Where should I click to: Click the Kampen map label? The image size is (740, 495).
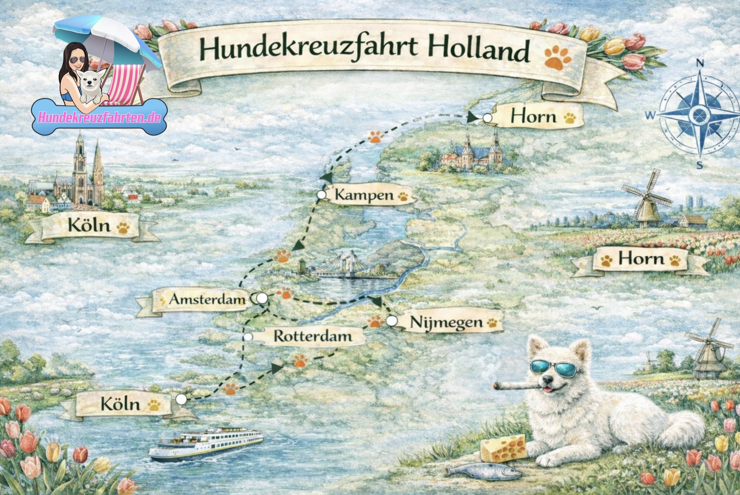364,195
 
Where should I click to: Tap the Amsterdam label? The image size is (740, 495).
207,299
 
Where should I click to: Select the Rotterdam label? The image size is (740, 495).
313,336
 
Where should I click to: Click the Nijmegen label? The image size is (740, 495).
446,322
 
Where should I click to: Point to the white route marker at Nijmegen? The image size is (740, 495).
392,321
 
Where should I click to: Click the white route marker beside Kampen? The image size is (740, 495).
322,195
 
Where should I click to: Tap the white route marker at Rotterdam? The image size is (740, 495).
248,337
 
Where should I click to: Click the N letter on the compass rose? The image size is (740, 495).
700,63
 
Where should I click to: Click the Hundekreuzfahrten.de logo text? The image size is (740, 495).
99,117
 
